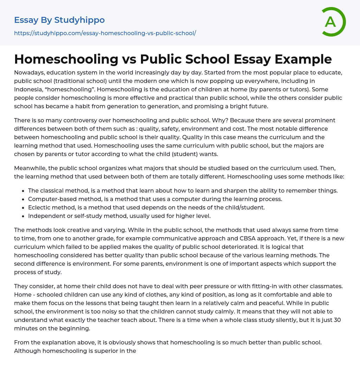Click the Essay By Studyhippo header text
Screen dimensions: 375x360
59,20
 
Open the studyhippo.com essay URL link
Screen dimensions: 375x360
105,33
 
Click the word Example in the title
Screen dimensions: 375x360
308,59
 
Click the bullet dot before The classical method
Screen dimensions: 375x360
23,191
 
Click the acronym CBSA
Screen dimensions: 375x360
267,238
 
